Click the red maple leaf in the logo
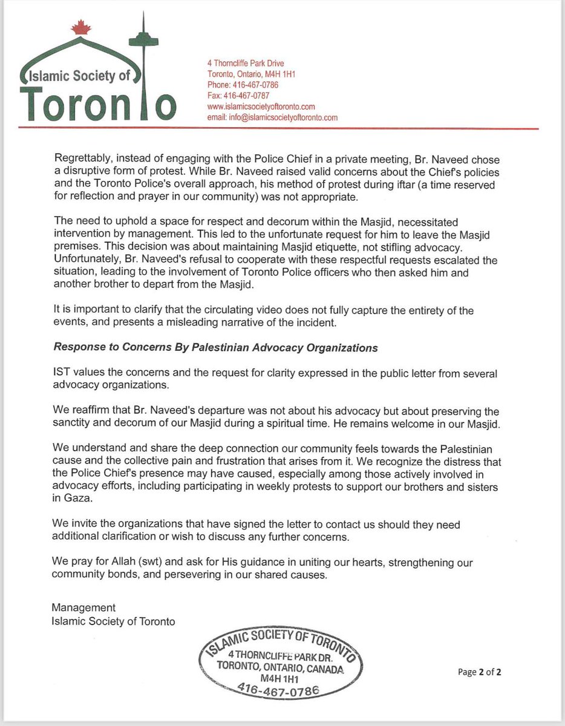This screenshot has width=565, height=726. (77, 28)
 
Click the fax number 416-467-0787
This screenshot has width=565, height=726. (238, 96)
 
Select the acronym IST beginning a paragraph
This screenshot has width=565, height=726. (62, 374)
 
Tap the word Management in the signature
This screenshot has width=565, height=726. (83, 607)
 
